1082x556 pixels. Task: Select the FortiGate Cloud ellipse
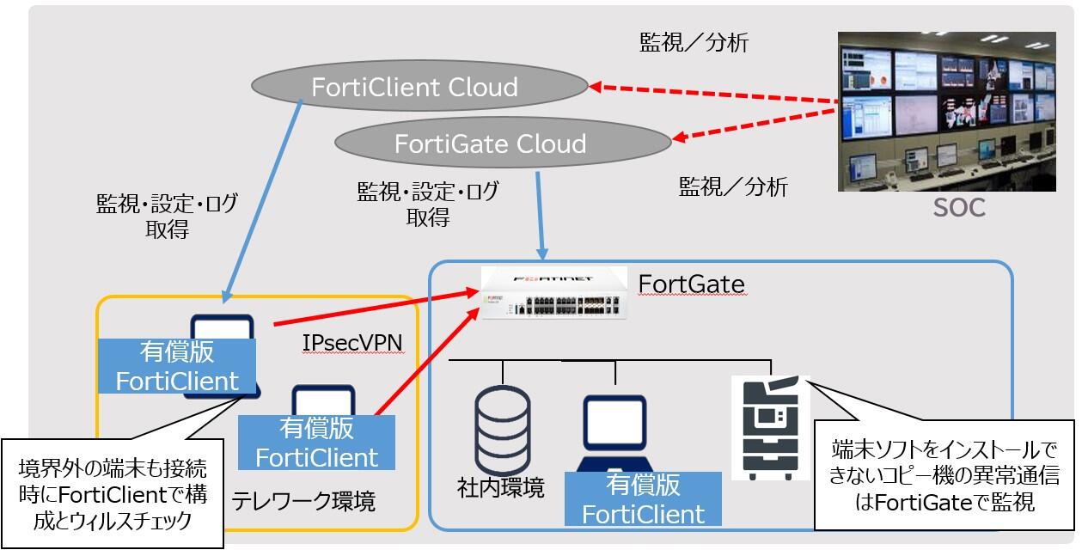coord(502,143)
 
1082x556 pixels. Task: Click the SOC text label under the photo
coord(959,208)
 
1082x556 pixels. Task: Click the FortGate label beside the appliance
coord(691,284)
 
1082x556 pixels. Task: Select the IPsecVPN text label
coord(352,343)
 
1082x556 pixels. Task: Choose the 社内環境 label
coord(501,489)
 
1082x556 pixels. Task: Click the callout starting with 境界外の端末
coord(113,494)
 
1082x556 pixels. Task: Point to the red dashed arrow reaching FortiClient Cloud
coord(713,96)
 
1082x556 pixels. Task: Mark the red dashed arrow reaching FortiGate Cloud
coord(756,122)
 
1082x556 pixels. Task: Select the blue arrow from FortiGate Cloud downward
coord(539,215)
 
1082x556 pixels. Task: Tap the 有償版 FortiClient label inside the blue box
coord(643,498)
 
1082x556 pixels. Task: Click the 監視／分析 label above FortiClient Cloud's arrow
coord(694,43)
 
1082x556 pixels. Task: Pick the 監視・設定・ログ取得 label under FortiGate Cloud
coord(427,204)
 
